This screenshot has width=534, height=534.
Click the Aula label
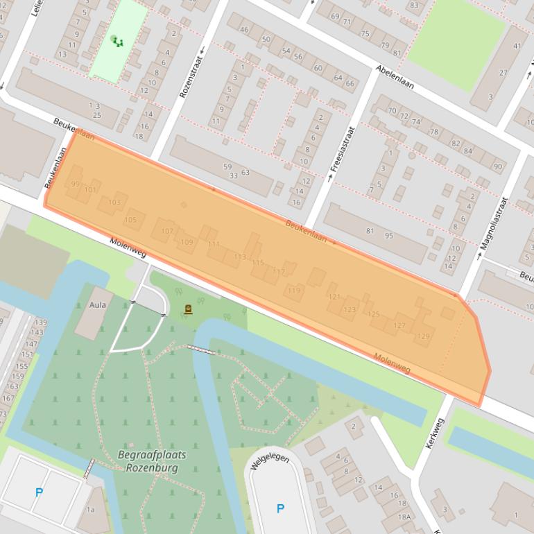click(x=96, y=304)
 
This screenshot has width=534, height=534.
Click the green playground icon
click(x=117, y=42)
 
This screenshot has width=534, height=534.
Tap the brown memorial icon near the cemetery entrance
click(x=188, y=310)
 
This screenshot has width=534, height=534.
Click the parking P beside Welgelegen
click(x=280, y=508)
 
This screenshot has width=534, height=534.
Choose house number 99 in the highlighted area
click(x=74, y=184)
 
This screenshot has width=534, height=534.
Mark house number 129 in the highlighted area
click(x=422, y=336)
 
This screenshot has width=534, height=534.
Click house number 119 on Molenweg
click(x=295, y=290)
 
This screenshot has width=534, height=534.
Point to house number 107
click(x=167, y=231)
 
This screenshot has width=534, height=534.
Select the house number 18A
click(x=404, y=517)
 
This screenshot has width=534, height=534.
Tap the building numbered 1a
click(x=90, y=510)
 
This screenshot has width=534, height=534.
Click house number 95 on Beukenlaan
click(x=389, y=235)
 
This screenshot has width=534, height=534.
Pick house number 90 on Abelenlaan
click(x=498, y=166)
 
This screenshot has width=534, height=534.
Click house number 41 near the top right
click(x=517, y=46)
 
